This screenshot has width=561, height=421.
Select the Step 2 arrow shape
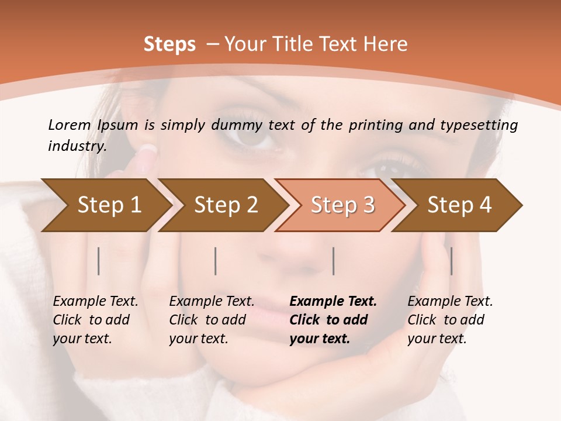point(226,205)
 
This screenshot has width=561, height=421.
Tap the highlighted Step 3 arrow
point(342,205)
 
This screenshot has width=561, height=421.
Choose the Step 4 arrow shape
point(459,205)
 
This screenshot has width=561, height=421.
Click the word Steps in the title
point(169,44)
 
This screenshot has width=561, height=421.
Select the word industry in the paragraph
point(76,146)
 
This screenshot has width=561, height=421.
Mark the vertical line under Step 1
point(99,261)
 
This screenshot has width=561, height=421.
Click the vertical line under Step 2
point(216,261)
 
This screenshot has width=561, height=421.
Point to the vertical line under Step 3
point(334,261)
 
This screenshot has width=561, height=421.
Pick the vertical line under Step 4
point(451,261)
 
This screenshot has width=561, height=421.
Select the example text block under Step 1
point(95,320)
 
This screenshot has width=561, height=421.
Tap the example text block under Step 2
point(212,320)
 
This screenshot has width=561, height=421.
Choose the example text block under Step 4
point(450,320)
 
